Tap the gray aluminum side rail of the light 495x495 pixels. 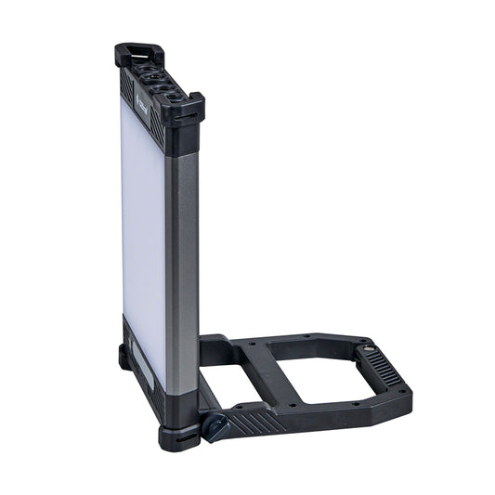(182, 260)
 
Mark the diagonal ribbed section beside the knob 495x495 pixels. (255, 423)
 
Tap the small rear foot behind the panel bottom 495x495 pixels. (124, 357)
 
